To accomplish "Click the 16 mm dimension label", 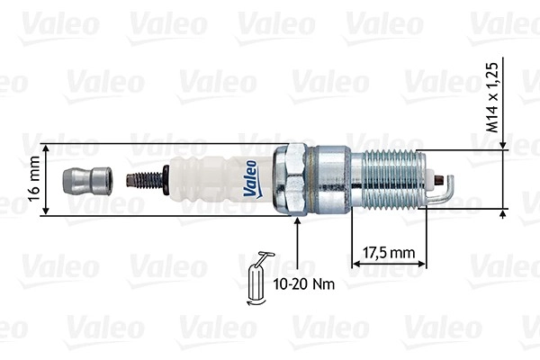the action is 34,179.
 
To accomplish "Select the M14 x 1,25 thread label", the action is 492,97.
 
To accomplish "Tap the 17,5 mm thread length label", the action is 389,253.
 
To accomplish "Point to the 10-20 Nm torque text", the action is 304,284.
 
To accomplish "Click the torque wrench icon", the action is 257,278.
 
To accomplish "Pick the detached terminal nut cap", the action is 87,181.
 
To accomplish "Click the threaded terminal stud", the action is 145,180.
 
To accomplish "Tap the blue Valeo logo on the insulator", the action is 252,179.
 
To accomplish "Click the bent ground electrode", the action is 448,190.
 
